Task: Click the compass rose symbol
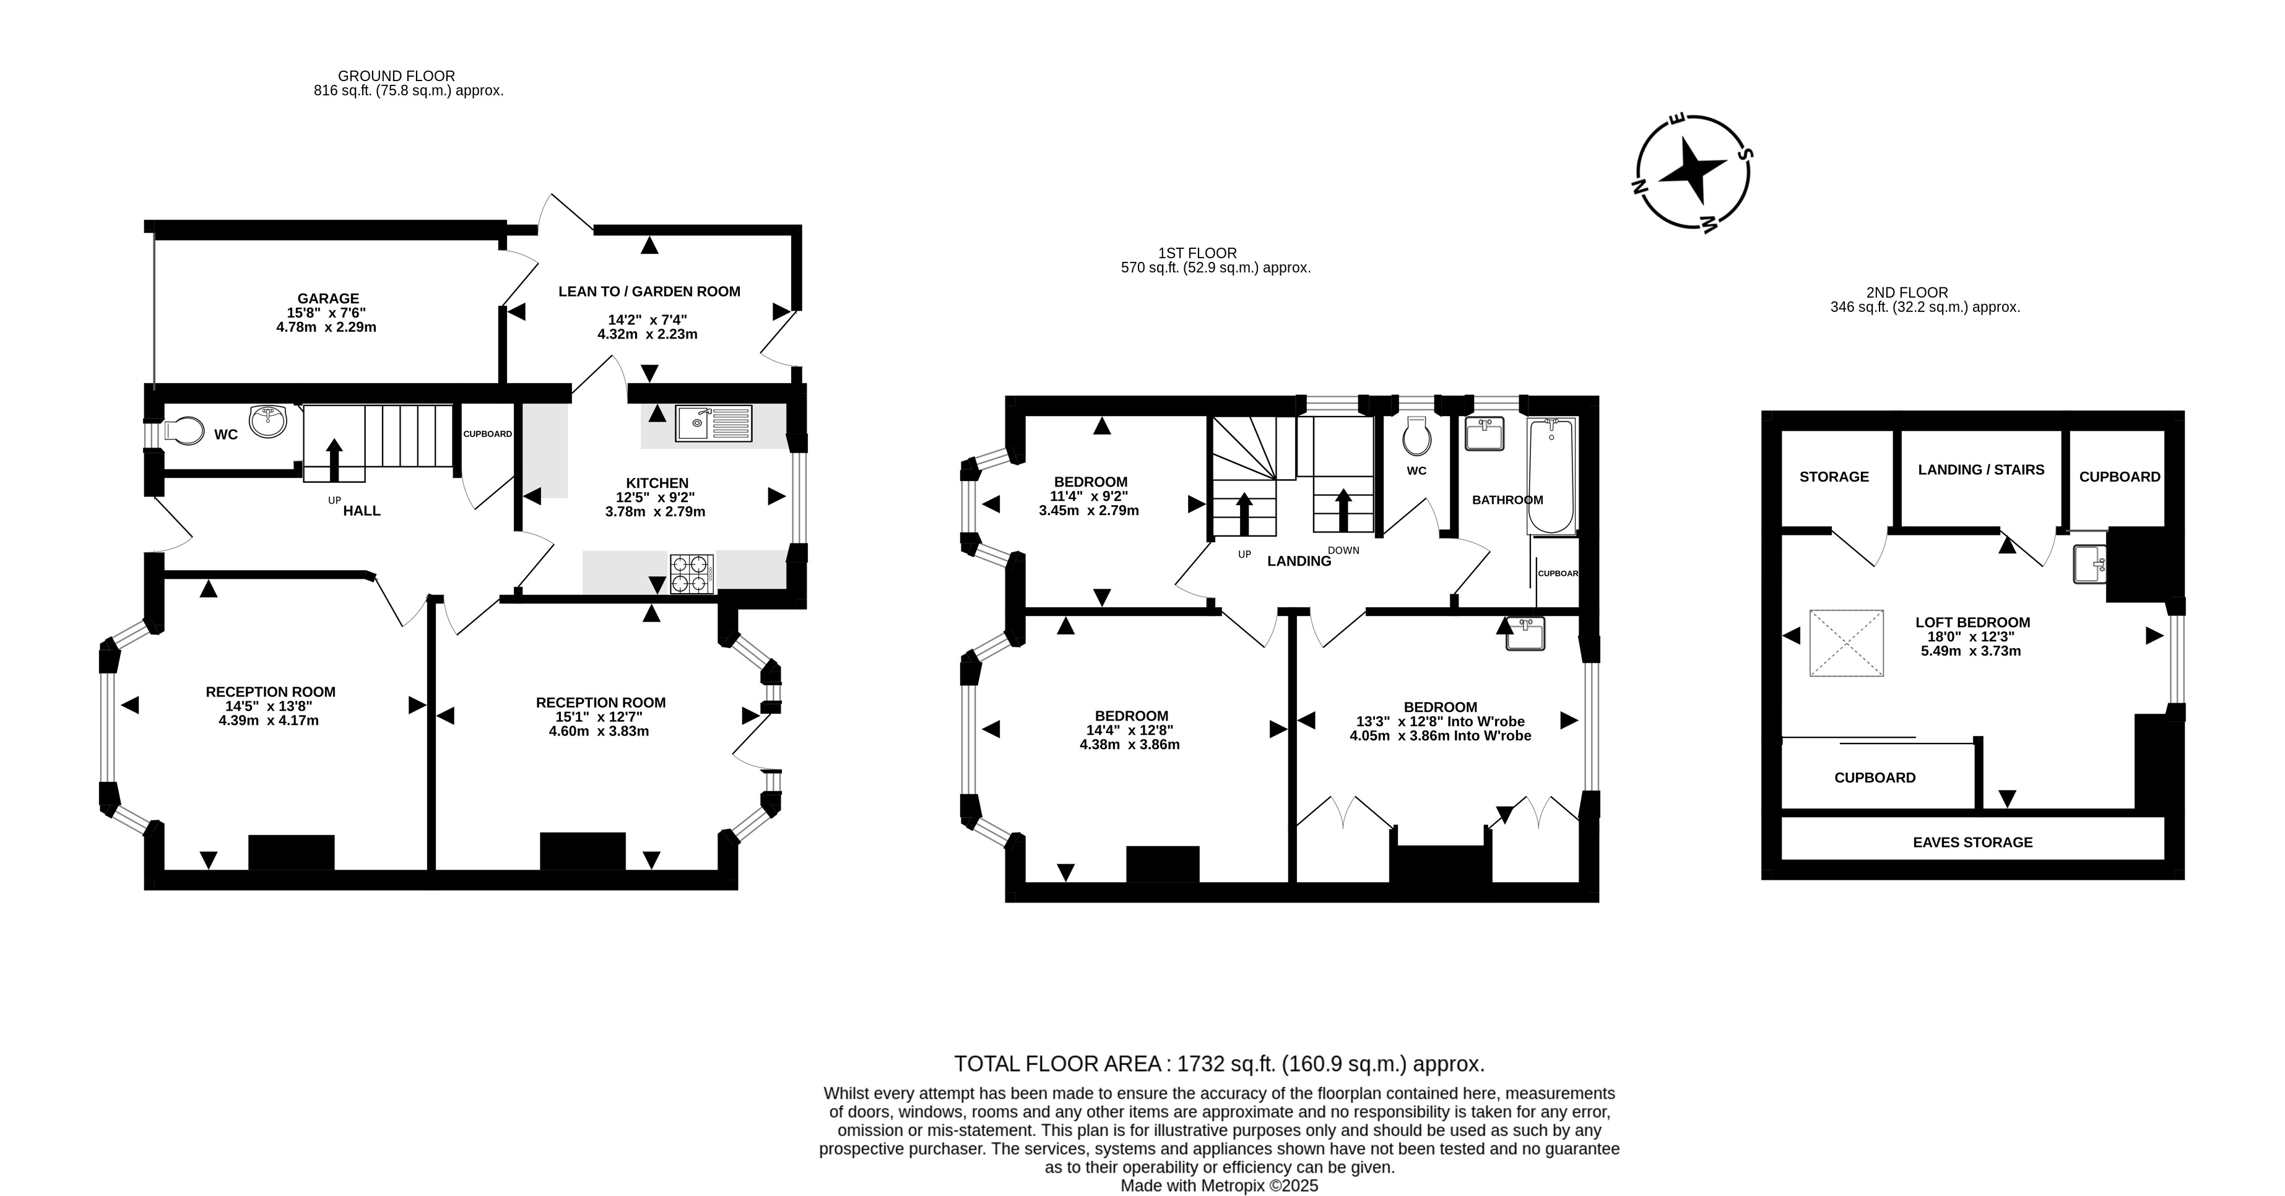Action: tap(1693, 171)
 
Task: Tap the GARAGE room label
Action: tap(328, 299)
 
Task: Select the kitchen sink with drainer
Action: tap(713, 423)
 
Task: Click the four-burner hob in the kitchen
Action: tap(691, 573)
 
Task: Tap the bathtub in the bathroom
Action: tap(1551, 477)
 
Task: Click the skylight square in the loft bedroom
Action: tap(1847, 643)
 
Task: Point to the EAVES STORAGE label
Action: tap(1973, 842)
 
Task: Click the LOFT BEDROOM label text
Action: tap(1973, 622)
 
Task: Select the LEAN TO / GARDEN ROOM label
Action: tap(649, 291)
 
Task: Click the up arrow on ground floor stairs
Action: tap(334, 459)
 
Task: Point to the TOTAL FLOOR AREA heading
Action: tap(1219, 1064)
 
